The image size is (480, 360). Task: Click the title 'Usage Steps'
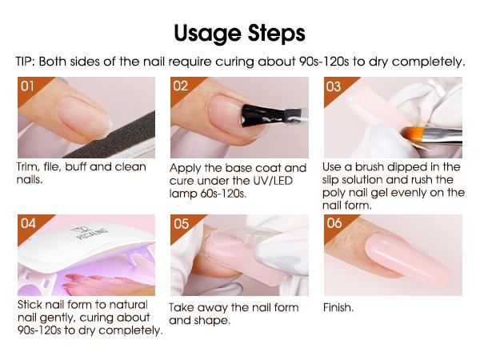pyautogui.click(x=239, y=34)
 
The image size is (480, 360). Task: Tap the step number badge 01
pyautogui.click(x=28, y=86)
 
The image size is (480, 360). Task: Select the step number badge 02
pyautogui.click(x=182, y=86)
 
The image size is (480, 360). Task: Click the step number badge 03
pyautogui.click(x=334, y=86)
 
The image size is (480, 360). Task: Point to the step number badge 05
pyautogui.click(x=182, y=224)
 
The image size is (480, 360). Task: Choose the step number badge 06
pyautogui.click(x=334, y=224)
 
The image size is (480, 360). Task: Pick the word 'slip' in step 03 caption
pyautogui.click(x=334, y=180)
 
